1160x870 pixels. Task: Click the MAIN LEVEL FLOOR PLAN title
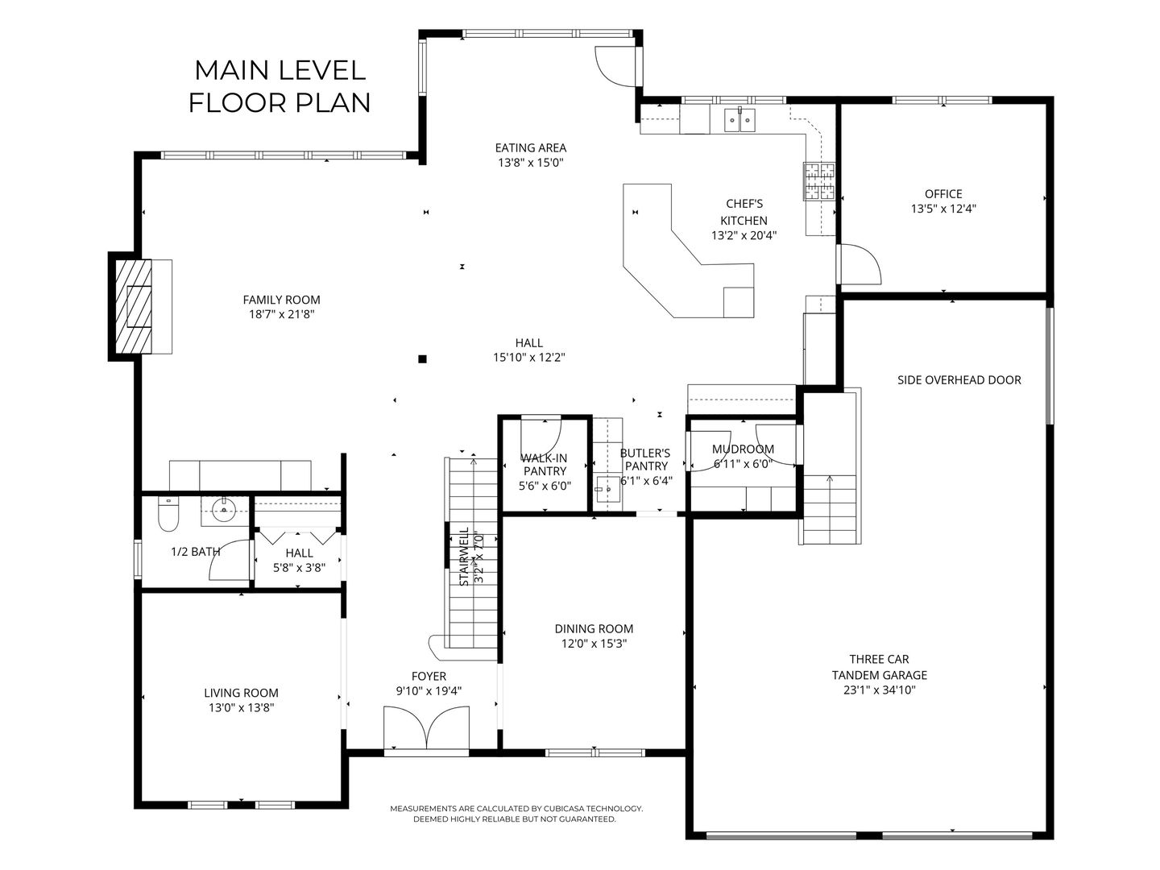280,87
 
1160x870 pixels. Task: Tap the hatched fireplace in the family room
133,306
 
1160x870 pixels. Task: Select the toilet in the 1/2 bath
168,514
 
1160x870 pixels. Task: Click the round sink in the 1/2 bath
224,510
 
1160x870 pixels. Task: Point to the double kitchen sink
739,120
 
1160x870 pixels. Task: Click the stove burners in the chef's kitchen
819,181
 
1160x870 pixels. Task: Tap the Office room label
943,194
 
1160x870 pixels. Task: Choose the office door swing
860,264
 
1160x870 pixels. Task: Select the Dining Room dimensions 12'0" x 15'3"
594,644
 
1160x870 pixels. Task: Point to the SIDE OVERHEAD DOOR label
959,379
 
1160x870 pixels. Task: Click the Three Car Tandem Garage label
880,667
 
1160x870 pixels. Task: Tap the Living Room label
241,693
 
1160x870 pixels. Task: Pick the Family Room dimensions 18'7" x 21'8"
282,315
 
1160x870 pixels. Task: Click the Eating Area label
531,148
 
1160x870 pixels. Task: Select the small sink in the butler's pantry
607,489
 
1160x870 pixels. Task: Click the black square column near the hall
422,359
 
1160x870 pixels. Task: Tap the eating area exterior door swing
616,67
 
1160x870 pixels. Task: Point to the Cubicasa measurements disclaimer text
516,814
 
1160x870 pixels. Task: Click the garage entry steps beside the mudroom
829,509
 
